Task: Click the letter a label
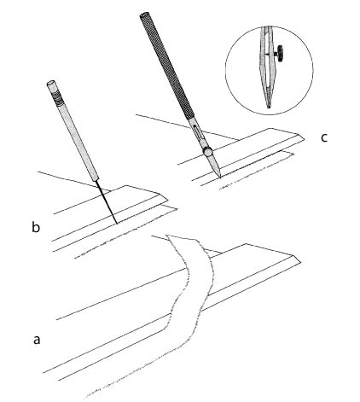pos(37,340)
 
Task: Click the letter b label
pos(36,227)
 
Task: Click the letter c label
pos(324,137)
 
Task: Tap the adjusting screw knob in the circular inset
pos(280,54)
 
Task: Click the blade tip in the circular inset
pos(269,107)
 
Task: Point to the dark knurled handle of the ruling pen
pos(167,65)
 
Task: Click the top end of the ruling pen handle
pos(144,15)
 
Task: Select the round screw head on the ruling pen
pos(207,151)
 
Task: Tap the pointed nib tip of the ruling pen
pos(220,178)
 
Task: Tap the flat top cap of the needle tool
pos(51,84)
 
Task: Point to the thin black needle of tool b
pos(107,201)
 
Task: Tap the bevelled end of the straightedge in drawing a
pos(296,259)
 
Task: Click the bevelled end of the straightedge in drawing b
pos(164,197)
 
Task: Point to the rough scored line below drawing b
pos(125,234)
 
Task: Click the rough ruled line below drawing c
pos(256,172)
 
